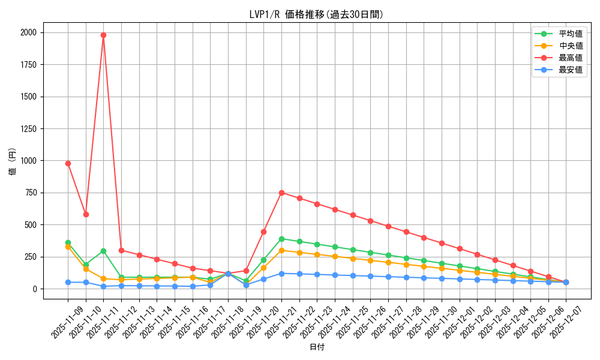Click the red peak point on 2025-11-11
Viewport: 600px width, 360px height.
[x=103, y=35]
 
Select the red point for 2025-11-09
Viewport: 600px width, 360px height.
[x=68, y=163]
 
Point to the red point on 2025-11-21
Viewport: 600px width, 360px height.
[x=281, y=193]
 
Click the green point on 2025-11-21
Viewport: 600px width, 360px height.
[x=281, y=239]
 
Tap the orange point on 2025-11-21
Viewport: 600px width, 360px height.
[x=281, y=250]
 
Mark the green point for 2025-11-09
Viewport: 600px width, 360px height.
[x=68, y=242]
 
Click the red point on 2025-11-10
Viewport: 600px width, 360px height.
[x=86, y=214]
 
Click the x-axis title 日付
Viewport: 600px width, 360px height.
[x=317, y=347]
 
